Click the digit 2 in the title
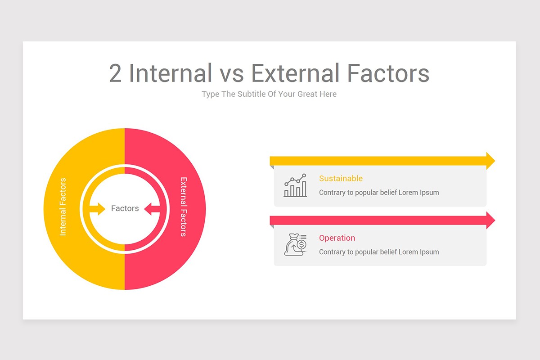click(115, 73)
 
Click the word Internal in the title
click(171, 73)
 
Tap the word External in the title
click(295, 73)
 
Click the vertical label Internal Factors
click(63, 207)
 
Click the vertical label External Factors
click(184, 207)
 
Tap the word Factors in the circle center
click(125, 208)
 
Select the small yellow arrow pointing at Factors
click(97, 209)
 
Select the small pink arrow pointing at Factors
click(152, 209)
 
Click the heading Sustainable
click(341, 179)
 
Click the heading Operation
click(337, 238)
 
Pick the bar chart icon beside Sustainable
click(295, 185)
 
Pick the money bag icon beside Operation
click(295, 244)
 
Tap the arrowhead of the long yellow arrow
click(490, 161)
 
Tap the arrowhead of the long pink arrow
click(490, 220)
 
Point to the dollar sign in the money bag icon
click(301, 244)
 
